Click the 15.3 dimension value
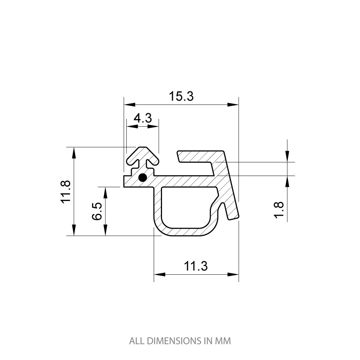(181, 96)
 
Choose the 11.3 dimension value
(196, 266)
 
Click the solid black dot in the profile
(143, 177)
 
